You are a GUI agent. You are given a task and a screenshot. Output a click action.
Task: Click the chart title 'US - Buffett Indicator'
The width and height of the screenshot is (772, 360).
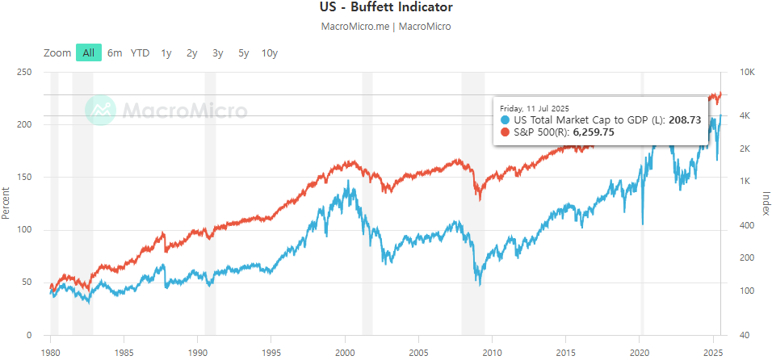(x=386, y=8)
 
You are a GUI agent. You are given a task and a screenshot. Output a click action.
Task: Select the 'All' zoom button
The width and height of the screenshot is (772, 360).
(x=88, y=53)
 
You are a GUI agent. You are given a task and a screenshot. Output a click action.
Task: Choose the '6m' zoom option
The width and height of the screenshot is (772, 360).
(x=115, y=53)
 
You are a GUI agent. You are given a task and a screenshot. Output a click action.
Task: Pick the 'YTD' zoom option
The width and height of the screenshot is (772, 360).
(x=141, y=53)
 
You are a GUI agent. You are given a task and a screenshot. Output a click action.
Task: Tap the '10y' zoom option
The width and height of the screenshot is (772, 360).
(x=270, y=53)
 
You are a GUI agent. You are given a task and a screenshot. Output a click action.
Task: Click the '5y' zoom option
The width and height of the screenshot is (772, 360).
(x=243, y=53)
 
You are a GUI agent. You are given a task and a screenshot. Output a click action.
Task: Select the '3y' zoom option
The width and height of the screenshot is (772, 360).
(x=217, y=53)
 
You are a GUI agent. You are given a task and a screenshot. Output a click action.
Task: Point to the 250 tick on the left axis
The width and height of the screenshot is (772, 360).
(x=24, y=73)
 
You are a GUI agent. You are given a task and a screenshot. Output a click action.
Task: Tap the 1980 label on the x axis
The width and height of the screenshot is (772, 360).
(x=51, y=353)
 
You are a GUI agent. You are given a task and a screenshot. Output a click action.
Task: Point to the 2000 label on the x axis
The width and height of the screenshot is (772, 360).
(x=345, y=353)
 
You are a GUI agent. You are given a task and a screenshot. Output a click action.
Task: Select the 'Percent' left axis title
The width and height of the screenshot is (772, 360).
(x=6, y=203)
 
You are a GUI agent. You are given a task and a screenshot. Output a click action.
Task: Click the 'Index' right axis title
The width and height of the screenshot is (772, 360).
(x=766, y=203)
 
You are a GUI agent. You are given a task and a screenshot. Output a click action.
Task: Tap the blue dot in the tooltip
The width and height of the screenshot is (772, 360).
(x=506, y=120)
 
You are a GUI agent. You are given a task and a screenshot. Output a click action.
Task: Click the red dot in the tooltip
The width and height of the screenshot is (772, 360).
(x=506, y=132)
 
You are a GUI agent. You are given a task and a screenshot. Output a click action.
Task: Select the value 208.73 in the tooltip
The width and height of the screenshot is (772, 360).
(x=685, y=120)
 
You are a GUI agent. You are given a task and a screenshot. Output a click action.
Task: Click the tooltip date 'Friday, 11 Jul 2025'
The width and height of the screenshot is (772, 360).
(x=535, y=108)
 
